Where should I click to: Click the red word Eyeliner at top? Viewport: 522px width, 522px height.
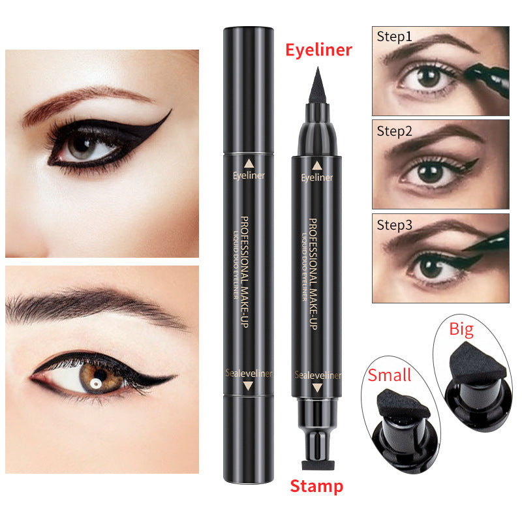tap(319, 50)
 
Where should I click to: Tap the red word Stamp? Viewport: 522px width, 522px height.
tap(316, 485)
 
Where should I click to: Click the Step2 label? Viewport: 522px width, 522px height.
tap(394, 130)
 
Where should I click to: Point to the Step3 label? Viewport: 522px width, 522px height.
tap(394, 225)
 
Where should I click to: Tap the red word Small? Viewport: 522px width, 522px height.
tap(389, 375)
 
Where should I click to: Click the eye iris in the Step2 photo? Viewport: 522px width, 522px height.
tap(428, 172)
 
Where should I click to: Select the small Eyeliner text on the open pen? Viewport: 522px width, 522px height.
tap(318, 177)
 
